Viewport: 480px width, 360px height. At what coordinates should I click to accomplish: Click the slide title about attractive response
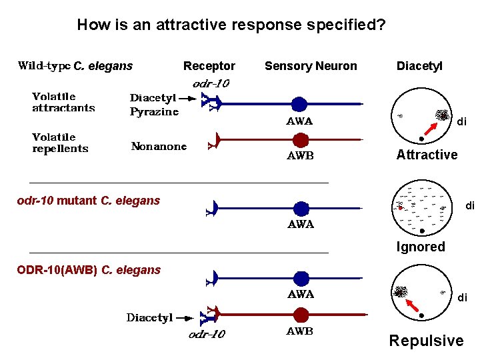point(231,25)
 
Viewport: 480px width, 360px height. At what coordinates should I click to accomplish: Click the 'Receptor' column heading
point(209,66)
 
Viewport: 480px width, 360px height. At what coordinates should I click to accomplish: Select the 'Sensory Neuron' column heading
point(311,66)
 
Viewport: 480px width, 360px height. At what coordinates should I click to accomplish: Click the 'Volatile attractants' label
point(63,102)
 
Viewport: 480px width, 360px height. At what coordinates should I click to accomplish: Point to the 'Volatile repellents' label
point(60,143)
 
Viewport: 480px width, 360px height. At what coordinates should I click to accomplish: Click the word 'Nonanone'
point(159,146)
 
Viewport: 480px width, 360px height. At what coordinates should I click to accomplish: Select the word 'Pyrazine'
point(154,112)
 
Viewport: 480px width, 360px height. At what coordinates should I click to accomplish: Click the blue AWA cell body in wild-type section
point(300,103)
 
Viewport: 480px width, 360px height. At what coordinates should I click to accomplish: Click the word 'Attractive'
point(427,155)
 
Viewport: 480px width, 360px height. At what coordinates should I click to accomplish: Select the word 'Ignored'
point(420,247)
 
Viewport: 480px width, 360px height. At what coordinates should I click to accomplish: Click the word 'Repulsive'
point(426,341)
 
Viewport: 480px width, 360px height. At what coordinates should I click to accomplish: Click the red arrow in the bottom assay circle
point(413,305)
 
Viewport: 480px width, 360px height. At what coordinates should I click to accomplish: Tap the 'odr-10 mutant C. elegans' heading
point(88,201)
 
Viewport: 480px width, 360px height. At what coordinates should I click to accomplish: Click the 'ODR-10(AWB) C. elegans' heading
point(89,270)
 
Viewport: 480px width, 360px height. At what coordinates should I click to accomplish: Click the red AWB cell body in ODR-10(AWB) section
point(301,314)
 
